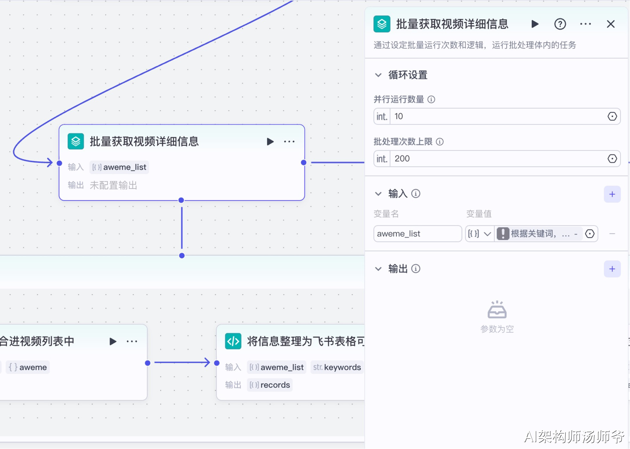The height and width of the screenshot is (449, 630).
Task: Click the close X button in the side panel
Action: (x=610, y=24)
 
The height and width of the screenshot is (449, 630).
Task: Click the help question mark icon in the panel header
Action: (x=560, y=24)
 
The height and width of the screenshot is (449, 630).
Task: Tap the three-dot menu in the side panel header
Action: (x=585, y=24)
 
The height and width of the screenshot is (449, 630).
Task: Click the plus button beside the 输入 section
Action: (x=612, y=194)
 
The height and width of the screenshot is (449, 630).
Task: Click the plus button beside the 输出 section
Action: (x=612, y=269)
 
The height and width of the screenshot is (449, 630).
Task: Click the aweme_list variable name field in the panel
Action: (x=417, y=234)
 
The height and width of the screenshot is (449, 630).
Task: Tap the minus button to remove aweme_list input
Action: (x=612, y=234)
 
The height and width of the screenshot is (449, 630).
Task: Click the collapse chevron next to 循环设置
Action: (x=378, y=75)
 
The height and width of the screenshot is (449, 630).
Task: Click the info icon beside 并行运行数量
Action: (x=431, y=99)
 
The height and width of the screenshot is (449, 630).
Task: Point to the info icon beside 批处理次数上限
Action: (x=440, y=142)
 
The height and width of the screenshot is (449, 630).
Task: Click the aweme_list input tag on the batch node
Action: (x=119, y=167)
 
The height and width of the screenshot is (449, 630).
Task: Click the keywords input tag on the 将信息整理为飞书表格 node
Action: (x=337, y=367)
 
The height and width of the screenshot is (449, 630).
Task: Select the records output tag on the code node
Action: (x=269, y=385)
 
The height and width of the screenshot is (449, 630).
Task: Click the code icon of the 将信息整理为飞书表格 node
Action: (x=233, y=341)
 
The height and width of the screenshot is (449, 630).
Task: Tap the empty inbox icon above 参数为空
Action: (x=497, y=309)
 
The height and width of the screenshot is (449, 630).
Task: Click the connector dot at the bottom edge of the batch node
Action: (x=181, y=200)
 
